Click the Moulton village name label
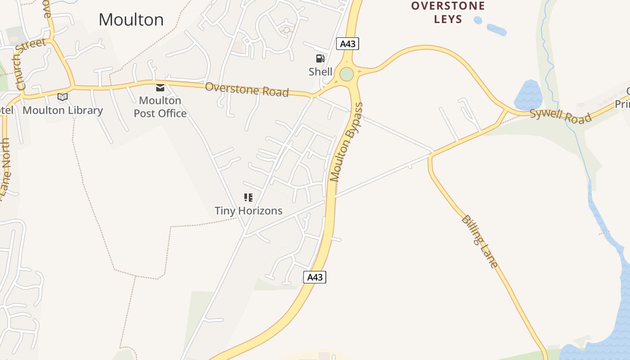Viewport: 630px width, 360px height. click(x=131, y=20)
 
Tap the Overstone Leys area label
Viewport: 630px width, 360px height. click(x=448, y=13)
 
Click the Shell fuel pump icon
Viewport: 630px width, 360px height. click(x=320, y=58)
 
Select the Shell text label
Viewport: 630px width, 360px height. click(x=320, y=72)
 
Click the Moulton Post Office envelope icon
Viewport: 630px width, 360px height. click(x=160, y=87)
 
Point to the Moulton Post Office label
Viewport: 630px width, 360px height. click(x=160, y=107)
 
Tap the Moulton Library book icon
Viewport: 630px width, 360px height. click(x=63, y=97)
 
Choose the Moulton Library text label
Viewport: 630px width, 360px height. click(x=63, y=110)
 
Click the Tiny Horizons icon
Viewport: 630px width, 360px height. click(x=248, y=198)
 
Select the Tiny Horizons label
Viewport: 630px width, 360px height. click(x=248, y=211)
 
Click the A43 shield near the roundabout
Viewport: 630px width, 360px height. click(x=348, y=44)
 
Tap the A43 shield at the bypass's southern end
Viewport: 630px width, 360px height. click(x=315, y=277)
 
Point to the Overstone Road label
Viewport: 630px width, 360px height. click(x=247, y=89)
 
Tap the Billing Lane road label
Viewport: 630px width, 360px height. click(x=480, y=242)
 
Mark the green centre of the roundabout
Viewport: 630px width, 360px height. click(x=346, y=74)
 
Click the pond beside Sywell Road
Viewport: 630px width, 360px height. click(x=527, y=95)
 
